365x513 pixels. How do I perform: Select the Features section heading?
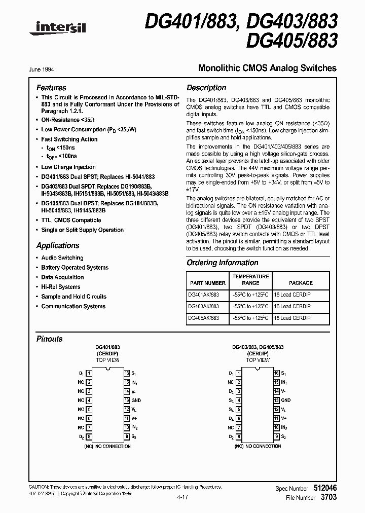tap(51, 88)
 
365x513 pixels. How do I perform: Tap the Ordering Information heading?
tap(222, 263)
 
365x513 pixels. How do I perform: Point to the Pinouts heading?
tap(50, 339)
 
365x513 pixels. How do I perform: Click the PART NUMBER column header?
tap(207, 283)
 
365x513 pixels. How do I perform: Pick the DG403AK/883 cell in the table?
tap(204, 306)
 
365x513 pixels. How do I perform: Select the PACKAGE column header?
tap(301, 283)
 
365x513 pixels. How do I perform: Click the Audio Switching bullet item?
tap(62, 258)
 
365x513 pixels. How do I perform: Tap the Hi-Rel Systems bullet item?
tap(61, 287)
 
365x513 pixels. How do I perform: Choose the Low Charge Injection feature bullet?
tap(68, 167)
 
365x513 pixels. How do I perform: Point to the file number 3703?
tap(330, 498)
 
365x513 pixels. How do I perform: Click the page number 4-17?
tap(183, 497)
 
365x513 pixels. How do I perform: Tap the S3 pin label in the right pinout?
tap(231, 400)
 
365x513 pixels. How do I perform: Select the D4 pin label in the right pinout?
tap(231, 419)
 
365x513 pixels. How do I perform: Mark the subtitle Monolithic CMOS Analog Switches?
tap(267, 68)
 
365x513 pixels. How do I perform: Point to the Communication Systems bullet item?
tap(74, 306)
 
